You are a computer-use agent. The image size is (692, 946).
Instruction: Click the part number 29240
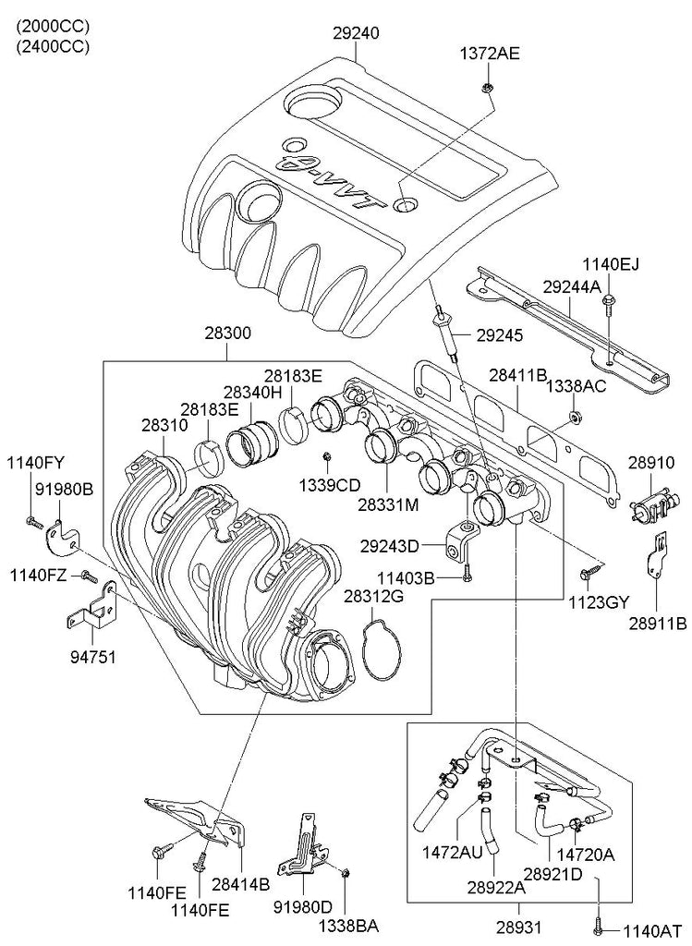pos(357,33)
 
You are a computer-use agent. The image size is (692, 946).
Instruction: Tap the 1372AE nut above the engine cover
pos(486,88)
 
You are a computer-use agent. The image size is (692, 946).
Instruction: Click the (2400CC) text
pos(52,47)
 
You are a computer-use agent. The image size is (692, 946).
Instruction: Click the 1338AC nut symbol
pos(574,418)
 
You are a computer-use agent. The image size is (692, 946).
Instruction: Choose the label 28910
pos(653,459)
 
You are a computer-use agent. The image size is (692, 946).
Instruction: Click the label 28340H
pos(251,392)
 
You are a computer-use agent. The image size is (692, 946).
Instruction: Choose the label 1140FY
pos(37,462)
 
